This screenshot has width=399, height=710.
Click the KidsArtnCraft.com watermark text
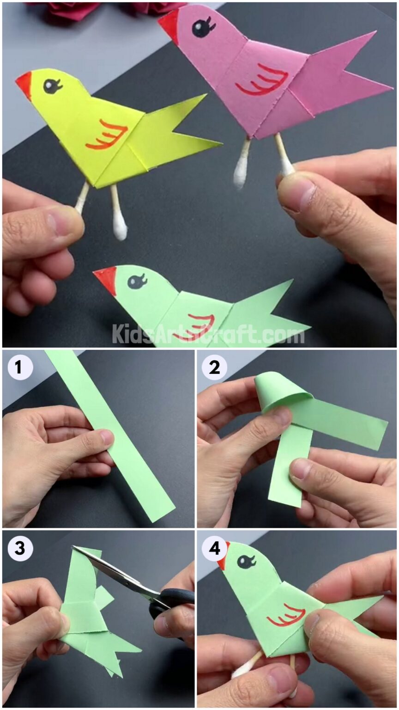(x=208, y=334)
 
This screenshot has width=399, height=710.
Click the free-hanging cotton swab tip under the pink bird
(x=241, y=176)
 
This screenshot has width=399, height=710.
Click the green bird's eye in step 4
(x=245, y=562)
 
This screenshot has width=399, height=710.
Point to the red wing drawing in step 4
(x=286, y=615)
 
